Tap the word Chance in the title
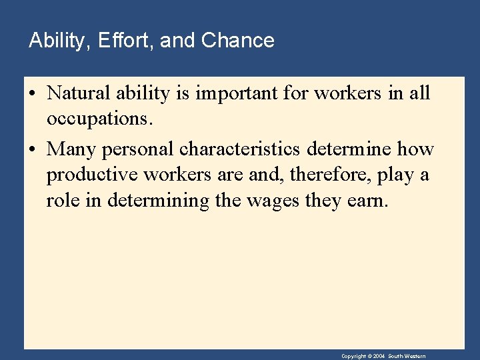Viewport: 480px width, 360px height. (237, 41)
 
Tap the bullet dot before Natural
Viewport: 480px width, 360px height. (32, 94)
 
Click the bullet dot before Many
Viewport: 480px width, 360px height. (32, 149)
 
